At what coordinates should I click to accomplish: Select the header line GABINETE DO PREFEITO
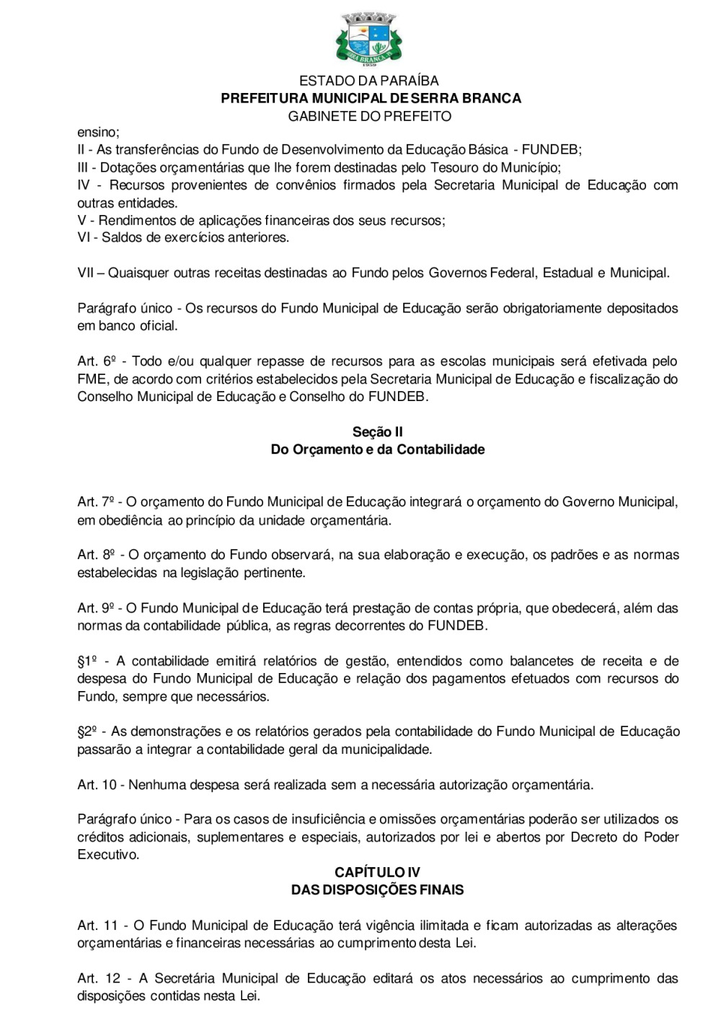tap(370, 116)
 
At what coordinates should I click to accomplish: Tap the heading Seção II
tap(377, 432)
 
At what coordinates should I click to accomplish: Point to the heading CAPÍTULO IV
tap(377, 872)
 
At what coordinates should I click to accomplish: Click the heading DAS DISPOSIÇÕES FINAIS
tap(377, 890)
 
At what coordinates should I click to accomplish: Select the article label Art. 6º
tap(97, 361)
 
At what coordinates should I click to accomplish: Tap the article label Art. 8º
tap(97, 555)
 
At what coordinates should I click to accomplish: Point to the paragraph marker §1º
tap(87, 661)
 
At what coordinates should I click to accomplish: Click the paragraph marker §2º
tap(87, 732)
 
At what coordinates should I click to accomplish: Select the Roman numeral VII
tap(85, 273)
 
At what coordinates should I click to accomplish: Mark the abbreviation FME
tap(92, 379)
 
